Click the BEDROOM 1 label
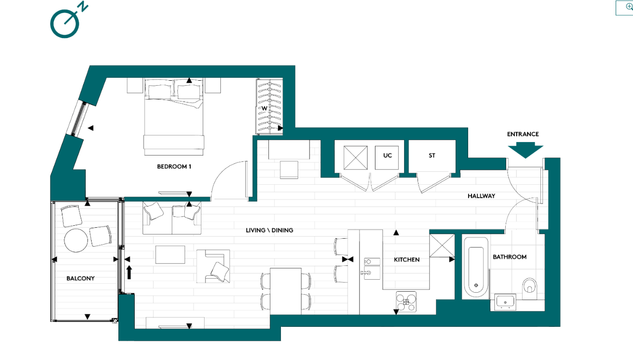tap(174, 167)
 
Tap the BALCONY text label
tap(80, 279)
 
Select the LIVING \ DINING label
tap(269, 230)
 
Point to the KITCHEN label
tap(407, 259)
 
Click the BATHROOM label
tap(509, 257)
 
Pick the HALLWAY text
tap(481, 196)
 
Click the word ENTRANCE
tap(523, 134)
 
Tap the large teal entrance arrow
tap(525, 150)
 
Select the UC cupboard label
tap(387, 155)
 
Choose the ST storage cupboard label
tap(432, 155)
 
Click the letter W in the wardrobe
tap(264, 108)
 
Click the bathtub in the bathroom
tap(475, 267)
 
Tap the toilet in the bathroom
tap(529, 286)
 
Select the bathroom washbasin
tap(505, 301)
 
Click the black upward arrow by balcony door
tap(129, 272)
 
